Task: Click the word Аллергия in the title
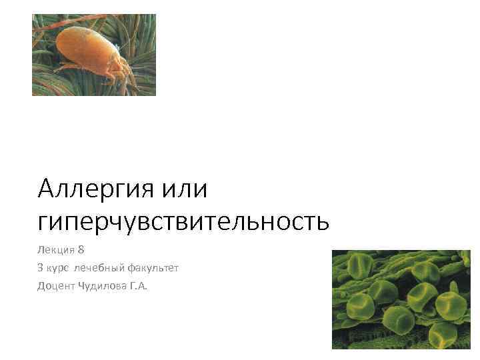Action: coord(96,190)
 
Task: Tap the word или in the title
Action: coord(185,190)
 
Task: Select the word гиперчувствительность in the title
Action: coord(183,221)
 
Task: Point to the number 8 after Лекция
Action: coord(82,249)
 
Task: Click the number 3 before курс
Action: coord(41,268)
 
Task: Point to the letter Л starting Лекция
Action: coord(41,249)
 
